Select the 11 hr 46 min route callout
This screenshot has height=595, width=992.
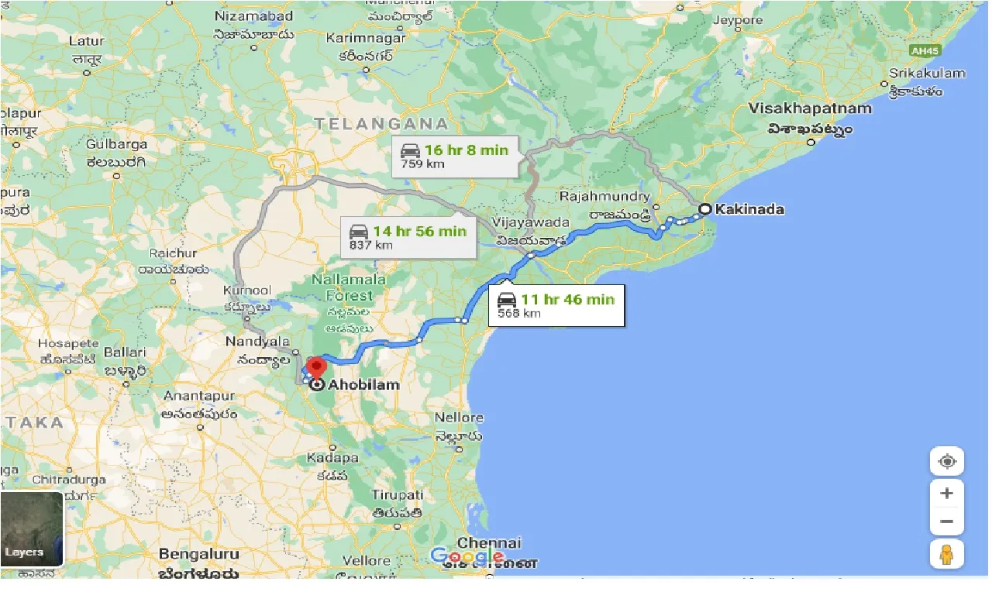coord(556,305)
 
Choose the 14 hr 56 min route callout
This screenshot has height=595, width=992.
coord(408,237)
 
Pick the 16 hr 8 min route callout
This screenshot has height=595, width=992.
coord(455,156)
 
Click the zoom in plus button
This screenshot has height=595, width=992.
coord(946,494)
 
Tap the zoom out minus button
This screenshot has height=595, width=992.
coord(946,521)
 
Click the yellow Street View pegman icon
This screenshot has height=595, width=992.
coord(946,554)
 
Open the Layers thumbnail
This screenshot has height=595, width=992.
coord(32,529)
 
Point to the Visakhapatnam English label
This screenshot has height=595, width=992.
coord(811,108)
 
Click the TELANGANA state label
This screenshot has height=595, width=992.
coord(381,124)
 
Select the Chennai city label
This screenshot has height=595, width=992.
coord(489,542)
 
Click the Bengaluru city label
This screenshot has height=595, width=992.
coord(197,554)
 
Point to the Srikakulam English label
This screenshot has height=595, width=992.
coord(928,74)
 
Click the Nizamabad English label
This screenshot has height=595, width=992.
coord(254,15)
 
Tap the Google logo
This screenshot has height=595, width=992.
coord(467,556)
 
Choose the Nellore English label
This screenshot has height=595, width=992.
coord(459,418)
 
